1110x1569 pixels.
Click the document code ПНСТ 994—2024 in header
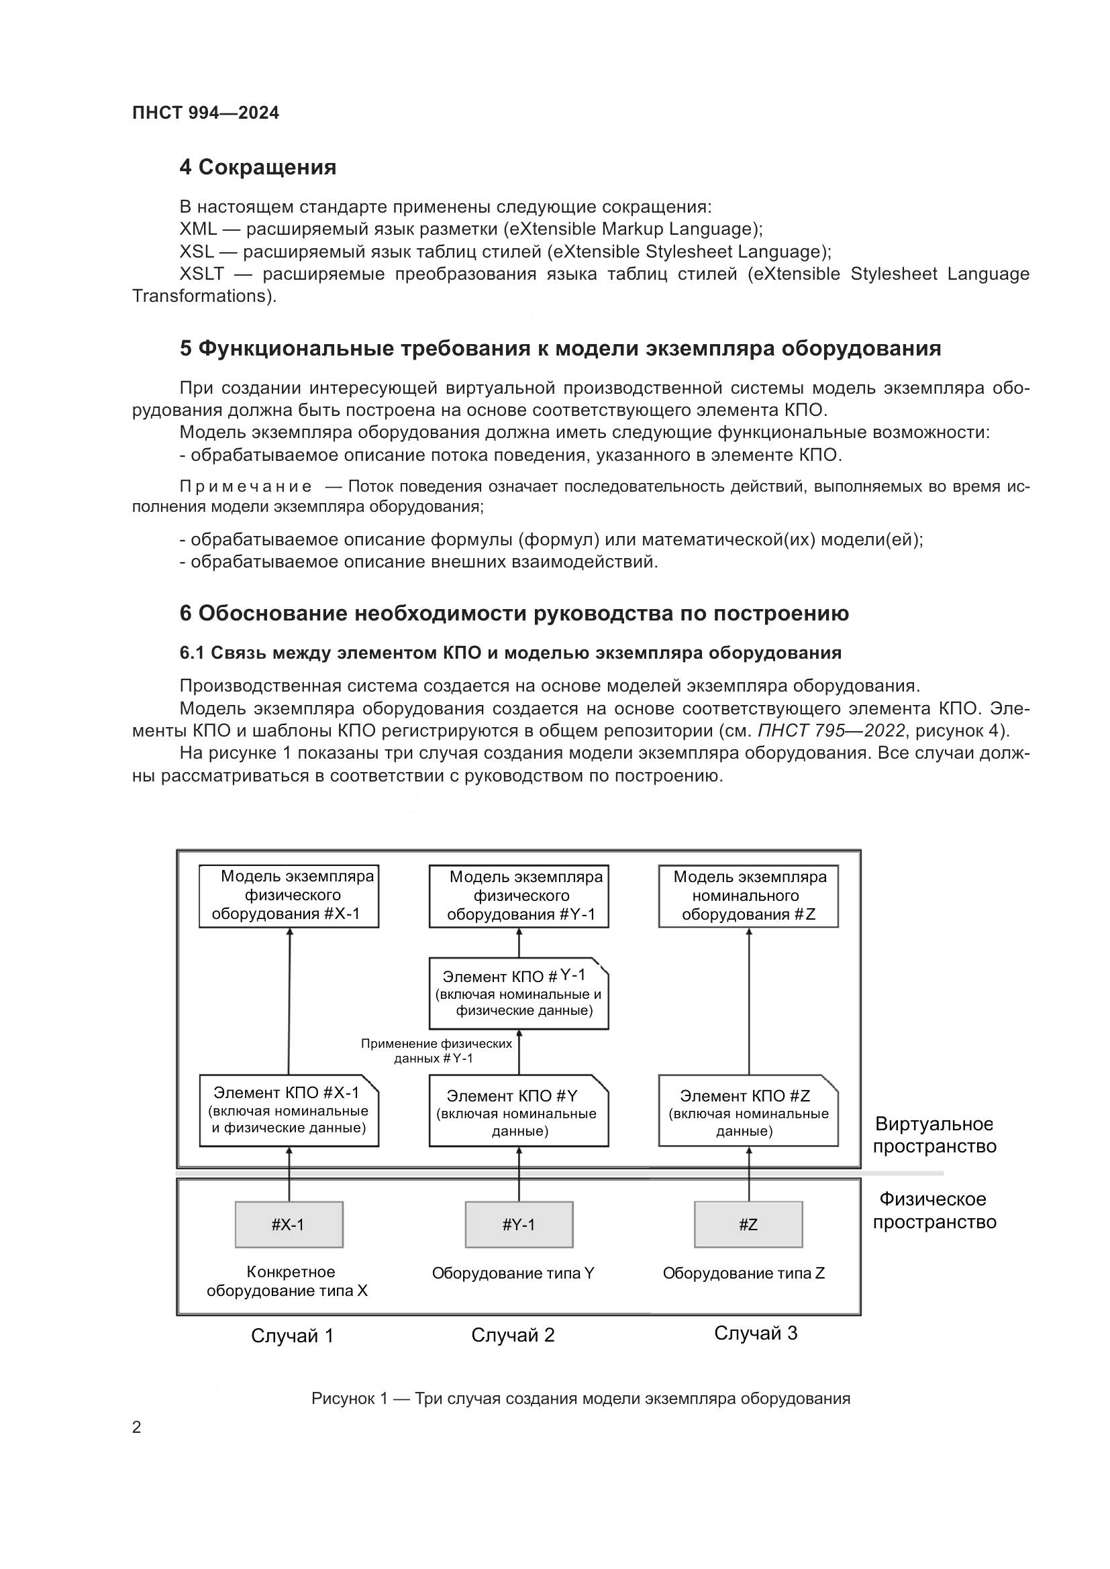(205, 113)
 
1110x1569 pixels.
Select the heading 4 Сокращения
(258, 168)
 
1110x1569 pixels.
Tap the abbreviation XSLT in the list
(201, 274)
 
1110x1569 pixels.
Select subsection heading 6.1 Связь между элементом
(510, 653)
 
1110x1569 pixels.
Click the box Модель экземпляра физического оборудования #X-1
(289, 896)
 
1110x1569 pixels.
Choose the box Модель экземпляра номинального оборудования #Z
(748, 896)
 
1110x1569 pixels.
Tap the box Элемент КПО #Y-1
(519, 993)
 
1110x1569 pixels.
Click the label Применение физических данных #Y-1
(436, 1051)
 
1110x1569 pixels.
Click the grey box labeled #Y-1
(519, 1225)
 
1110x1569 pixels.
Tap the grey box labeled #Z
(748, 1225)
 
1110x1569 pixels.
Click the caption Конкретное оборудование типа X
(289, 1281)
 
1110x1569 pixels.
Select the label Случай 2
(513, 1335)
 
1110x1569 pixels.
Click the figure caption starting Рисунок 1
(581, 1398)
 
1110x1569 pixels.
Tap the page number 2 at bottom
(137, 1427)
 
